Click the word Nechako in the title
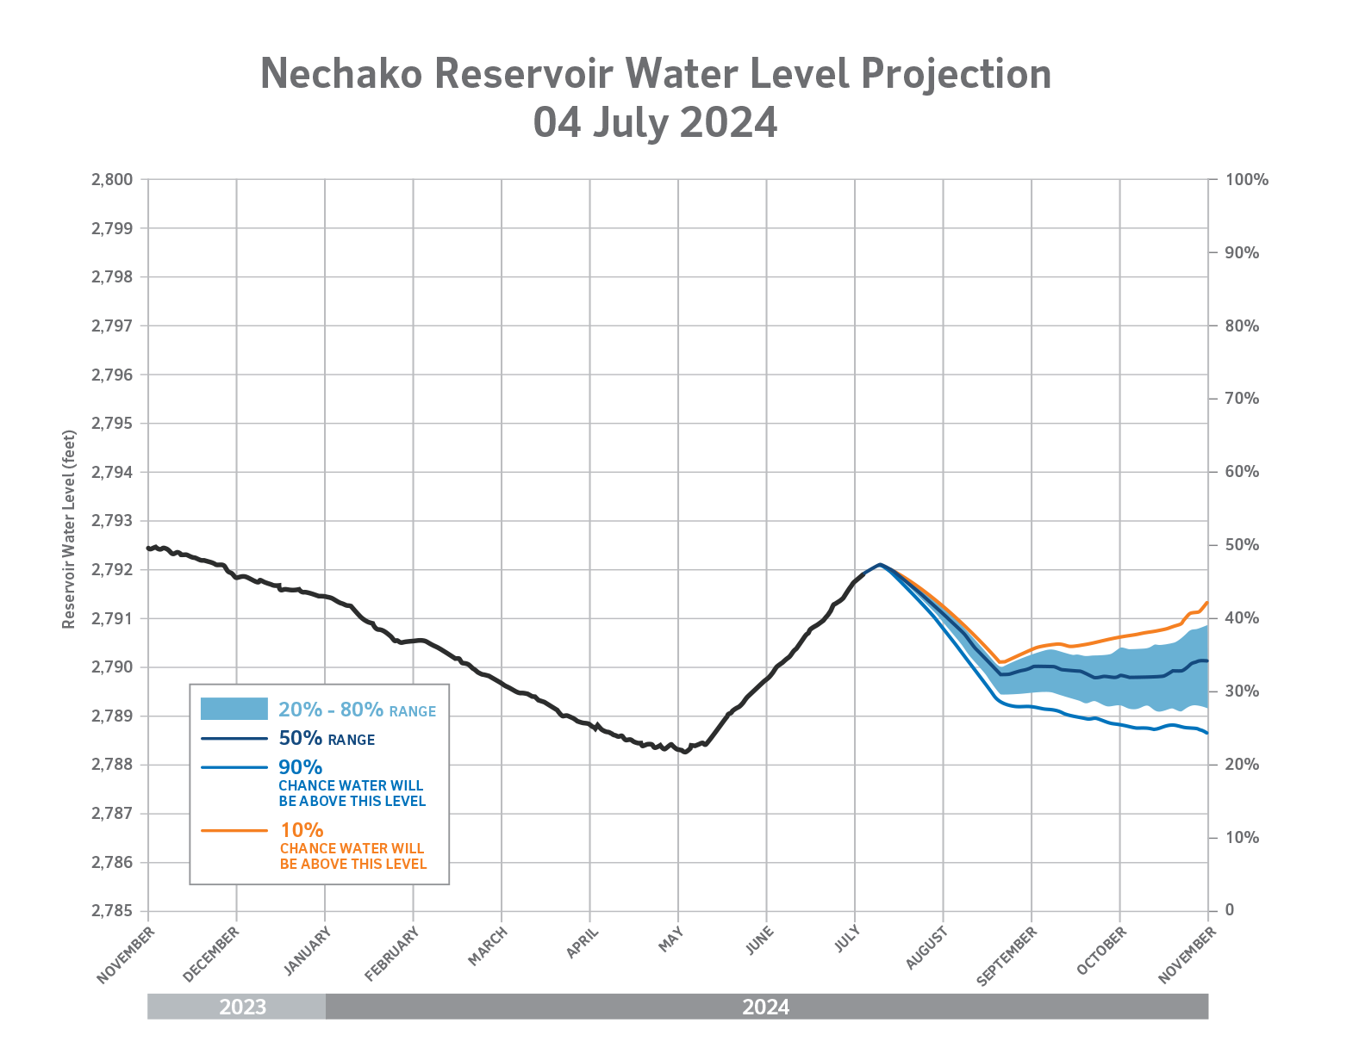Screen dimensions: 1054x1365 coord(341,74)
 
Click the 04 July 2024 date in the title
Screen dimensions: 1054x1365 coord(655,122)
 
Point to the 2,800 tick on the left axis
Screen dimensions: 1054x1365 coord(112,180)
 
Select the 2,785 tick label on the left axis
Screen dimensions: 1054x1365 coord(112,911)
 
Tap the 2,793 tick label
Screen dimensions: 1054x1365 coord(112,521)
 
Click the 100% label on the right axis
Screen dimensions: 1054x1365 coord(1246,180)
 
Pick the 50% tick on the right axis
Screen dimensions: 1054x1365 coord(1242,545)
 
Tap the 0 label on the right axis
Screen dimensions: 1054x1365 coord(1229,910)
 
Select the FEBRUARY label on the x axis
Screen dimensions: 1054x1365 coord(392,953)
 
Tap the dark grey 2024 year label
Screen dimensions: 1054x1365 coord(765,1007)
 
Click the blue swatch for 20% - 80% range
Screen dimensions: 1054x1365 coord(234,709)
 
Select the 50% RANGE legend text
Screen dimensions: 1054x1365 coord(327,739)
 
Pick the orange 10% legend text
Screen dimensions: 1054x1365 coord(302,830)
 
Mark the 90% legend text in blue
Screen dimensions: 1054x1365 coord(300,766)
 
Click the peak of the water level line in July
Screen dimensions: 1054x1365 coord(879,565)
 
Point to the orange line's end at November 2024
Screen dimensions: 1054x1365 coord(1206,603)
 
